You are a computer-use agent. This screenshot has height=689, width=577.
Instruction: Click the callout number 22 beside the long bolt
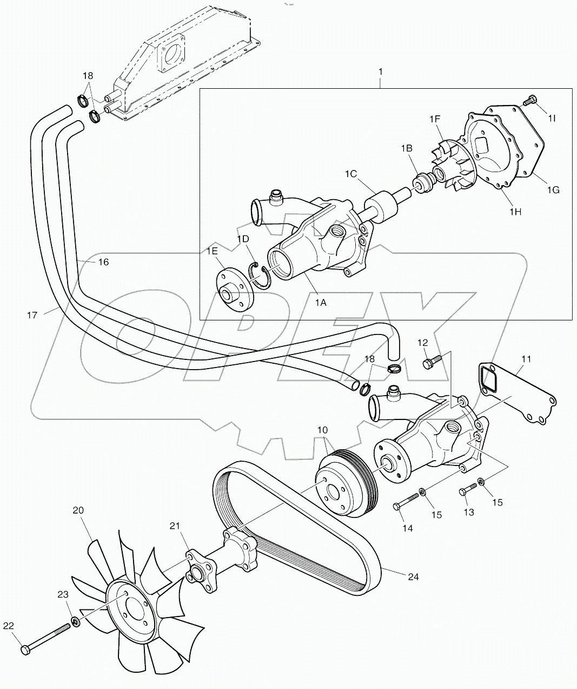[8, 626]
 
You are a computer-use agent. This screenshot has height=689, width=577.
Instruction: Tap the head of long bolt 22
[25, 649]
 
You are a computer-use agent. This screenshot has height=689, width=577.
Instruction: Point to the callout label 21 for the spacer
[174, 526]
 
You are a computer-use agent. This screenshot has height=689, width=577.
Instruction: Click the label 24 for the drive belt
[413, 577]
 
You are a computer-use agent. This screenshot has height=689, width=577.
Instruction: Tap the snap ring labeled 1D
[260, 274]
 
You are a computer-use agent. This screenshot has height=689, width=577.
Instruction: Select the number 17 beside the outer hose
[32, 314]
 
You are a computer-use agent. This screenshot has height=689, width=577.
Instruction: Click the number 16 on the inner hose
[103, 262]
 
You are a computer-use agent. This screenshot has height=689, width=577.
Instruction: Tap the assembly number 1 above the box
[381, 71]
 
